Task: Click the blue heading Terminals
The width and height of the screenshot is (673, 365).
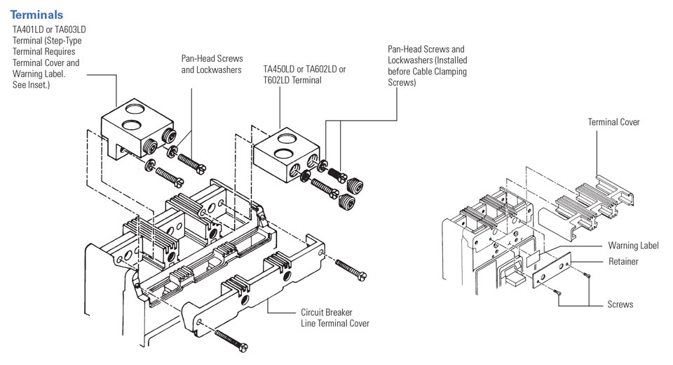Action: pos(36,15)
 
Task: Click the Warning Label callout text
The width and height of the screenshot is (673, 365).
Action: pos(633,246)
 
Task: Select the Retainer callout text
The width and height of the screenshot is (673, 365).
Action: pos(623,262)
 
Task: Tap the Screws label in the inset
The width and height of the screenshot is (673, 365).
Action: pos(620,305)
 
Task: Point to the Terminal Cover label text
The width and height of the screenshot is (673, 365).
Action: pos(613,122)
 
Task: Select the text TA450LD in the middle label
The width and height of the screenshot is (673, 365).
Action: pos(280,70)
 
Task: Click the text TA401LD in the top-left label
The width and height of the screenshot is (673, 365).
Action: pos(29,29)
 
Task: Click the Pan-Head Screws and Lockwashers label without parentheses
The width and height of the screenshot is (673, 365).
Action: pos(212,65)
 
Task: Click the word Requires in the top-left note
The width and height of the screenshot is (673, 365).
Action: pos(74,53)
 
